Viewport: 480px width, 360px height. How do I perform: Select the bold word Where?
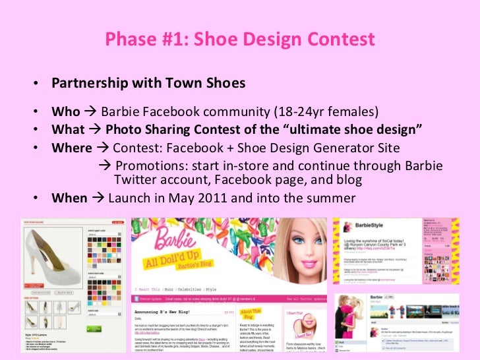71,148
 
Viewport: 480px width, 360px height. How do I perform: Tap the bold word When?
69,198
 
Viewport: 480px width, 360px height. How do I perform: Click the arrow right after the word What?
95,129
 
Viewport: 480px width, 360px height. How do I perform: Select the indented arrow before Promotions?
103,165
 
